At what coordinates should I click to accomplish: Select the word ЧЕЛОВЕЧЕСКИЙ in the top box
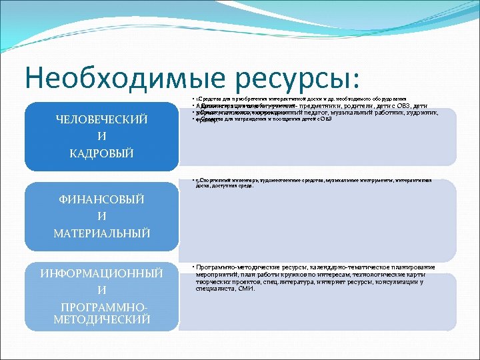pos(101,120)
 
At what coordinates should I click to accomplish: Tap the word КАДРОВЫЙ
pos(101,153)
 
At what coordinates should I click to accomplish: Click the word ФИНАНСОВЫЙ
pos(101,199)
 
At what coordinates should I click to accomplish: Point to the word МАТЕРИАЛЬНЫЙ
pos(101,233)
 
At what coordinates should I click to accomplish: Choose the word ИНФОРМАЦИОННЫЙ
pos(101,273)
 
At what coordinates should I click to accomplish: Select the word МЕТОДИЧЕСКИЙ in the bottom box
pos(101,319)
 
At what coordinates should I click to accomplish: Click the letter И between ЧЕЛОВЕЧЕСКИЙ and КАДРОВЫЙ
pos(101,137)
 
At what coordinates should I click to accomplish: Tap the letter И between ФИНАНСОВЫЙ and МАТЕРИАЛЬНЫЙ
pos(101,216)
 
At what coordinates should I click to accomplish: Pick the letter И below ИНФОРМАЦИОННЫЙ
pos(101,290)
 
